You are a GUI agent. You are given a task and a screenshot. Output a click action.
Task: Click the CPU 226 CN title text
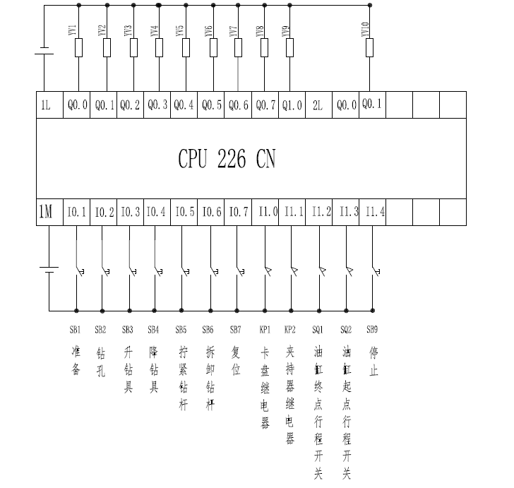227,159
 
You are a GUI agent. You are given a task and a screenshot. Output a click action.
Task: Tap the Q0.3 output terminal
157,105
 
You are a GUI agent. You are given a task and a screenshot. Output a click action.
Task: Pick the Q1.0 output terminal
292,105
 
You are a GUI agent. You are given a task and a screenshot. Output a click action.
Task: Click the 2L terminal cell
318,105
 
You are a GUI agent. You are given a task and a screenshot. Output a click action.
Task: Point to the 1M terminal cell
45,212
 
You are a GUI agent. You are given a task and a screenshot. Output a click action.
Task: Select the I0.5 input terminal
184,212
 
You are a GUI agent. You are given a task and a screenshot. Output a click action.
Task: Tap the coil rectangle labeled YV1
79,48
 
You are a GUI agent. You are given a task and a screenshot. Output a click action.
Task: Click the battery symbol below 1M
48,269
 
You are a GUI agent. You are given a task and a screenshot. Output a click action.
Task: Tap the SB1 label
75,329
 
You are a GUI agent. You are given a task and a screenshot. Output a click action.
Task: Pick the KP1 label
265,329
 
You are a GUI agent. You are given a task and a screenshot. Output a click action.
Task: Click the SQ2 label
346,329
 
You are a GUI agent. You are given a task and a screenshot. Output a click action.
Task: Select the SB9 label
372,329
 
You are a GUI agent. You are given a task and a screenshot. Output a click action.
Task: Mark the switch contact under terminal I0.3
130,270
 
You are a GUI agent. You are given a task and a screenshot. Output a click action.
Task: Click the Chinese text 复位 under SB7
236,359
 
